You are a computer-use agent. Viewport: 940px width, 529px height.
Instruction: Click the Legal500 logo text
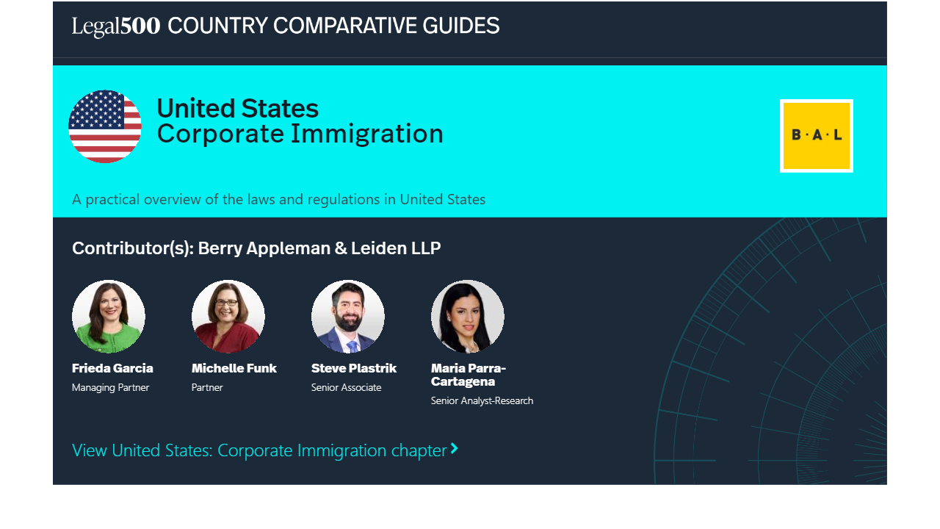(x=116, y=26)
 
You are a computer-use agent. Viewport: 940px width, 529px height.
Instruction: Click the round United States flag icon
(x=105, y=126)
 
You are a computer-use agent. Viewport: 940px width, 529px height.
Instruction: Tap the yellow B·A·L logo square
(x=816, y=136)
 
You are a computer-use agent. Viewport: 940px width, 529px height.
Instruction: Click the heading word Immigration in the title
(x=367, y=134)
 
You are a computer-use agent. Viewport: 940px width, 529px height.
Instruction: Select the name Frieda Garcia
(x=112, y=368)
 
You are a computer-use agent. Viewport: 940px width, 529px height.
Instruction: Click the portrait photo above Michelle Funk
(x=228, y=316)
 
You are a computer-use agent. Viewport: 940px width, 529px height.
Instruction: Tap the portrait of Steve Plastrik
(x=348, y=316)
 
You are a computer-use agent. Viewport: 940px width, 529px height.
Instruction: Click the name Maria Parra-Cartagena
(x=469, y=375)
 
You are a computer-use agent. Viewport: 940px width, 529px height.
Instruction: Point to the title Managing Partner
(x=110, y=387)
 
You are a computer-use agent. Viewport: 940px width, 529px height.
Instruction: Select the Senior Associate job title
(x=346, y=387)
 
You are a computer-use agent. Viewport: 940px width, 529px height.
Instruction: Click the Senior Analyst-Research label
(x=482, y=401)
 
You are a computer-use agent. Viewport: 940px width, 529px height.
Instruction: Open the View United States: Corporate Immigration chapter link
(x=265, y=450)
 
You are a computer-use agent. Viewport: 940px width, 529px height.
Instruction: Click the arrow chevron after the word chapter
(x=454, y=448)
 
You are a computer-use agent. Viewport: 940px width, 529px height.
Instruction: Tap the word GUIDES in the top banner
(x=460, y=26)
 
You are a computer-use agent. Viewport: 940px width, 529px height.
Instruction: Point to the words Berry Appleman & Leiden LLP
(x=319, y=248)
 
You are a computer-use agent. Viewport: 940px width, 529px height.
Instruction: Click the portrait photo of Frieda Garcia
(x=109, y=316)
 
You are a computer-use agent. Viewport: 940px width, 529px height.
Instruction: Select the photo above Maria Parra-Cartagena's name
(x=468, y=316)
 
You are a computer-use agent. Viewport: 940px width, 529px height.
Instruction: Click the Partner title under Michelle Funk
(x=207, y=387)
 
